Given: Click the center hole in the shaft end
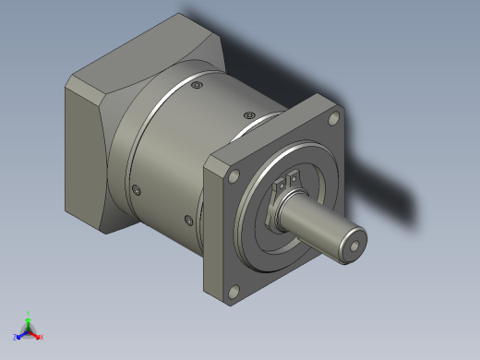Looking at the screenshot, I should coord(355,247).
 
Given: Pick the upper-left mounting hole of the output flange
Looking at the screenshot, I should coord(234,175).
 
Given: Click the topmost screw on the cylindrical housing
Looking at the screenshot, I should coord(196,86).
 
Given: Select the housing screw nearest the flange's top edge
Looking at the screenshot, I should coord(246,114).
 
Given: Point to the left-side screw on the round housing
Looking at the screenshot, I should coord(138,190).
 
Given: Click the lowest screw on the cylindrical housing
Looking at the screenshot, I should coord(189,220).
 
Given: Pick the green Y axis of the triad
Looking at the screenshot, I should coord(29,317).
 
